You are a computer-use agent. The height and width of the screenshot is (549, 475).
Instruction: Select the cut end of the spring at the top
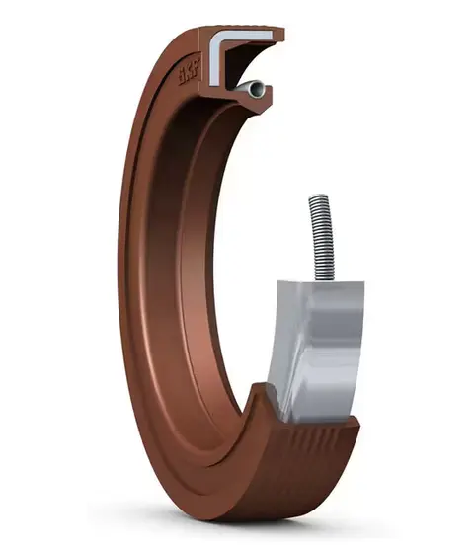[259, 89]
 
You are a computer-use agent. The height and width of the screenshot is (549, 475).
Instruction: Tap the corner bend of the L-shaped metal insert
[218, 39]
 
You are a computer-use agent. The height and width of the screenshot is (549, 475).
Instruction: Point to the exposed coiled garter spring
[318, 237]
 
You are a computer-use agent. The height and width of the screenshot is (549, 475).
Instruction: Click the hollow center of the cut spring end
[259, 89]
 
